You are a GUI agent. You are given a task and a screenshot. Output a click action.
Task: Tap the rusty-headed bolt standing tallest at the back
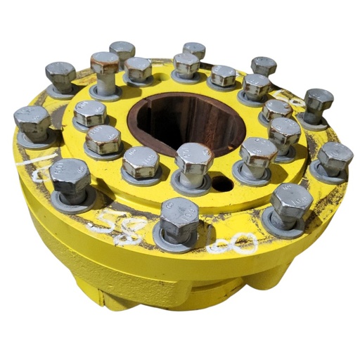click(x=105, y=63)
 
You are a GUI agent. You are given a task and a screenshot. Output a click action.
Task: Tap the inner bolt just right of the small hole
click(x=257, y=153)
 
